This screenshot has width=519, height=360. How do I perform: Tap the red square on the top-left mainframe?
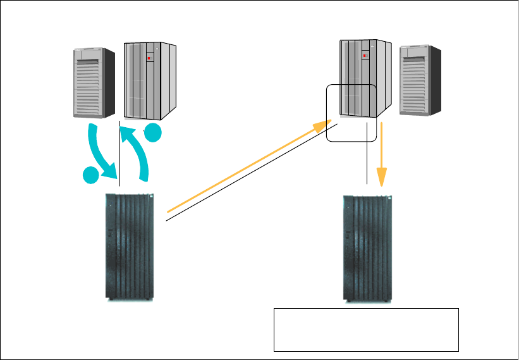[x=149, y=58]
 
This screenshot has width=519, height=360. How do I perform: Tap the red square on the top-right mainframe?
[x=365, y=55]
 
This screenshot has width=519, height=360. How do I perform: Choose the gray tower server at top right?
[x=420, y=80]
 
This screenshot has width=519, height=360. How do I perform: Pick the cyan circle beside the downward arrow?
[x=92, y=177]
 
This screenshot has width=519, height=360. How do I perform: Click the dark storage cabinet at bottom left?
[x=129, y=246]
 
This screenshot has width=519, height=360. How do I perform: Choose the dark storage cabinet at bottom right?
[x=367, y=247]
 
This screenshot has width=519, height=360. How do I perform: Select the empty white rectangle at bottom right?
[x=365, y=329]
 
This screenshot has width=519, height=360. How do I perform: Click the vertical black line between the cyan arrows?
[x=119, y=152]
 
